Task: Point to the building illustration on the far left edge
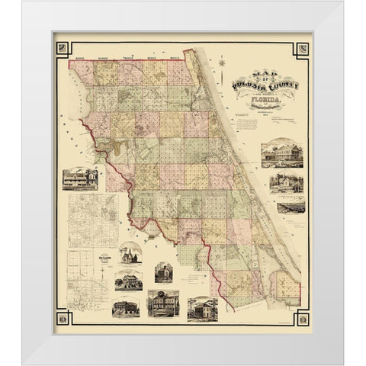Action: pyautogui.click(x=78, y=180)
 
